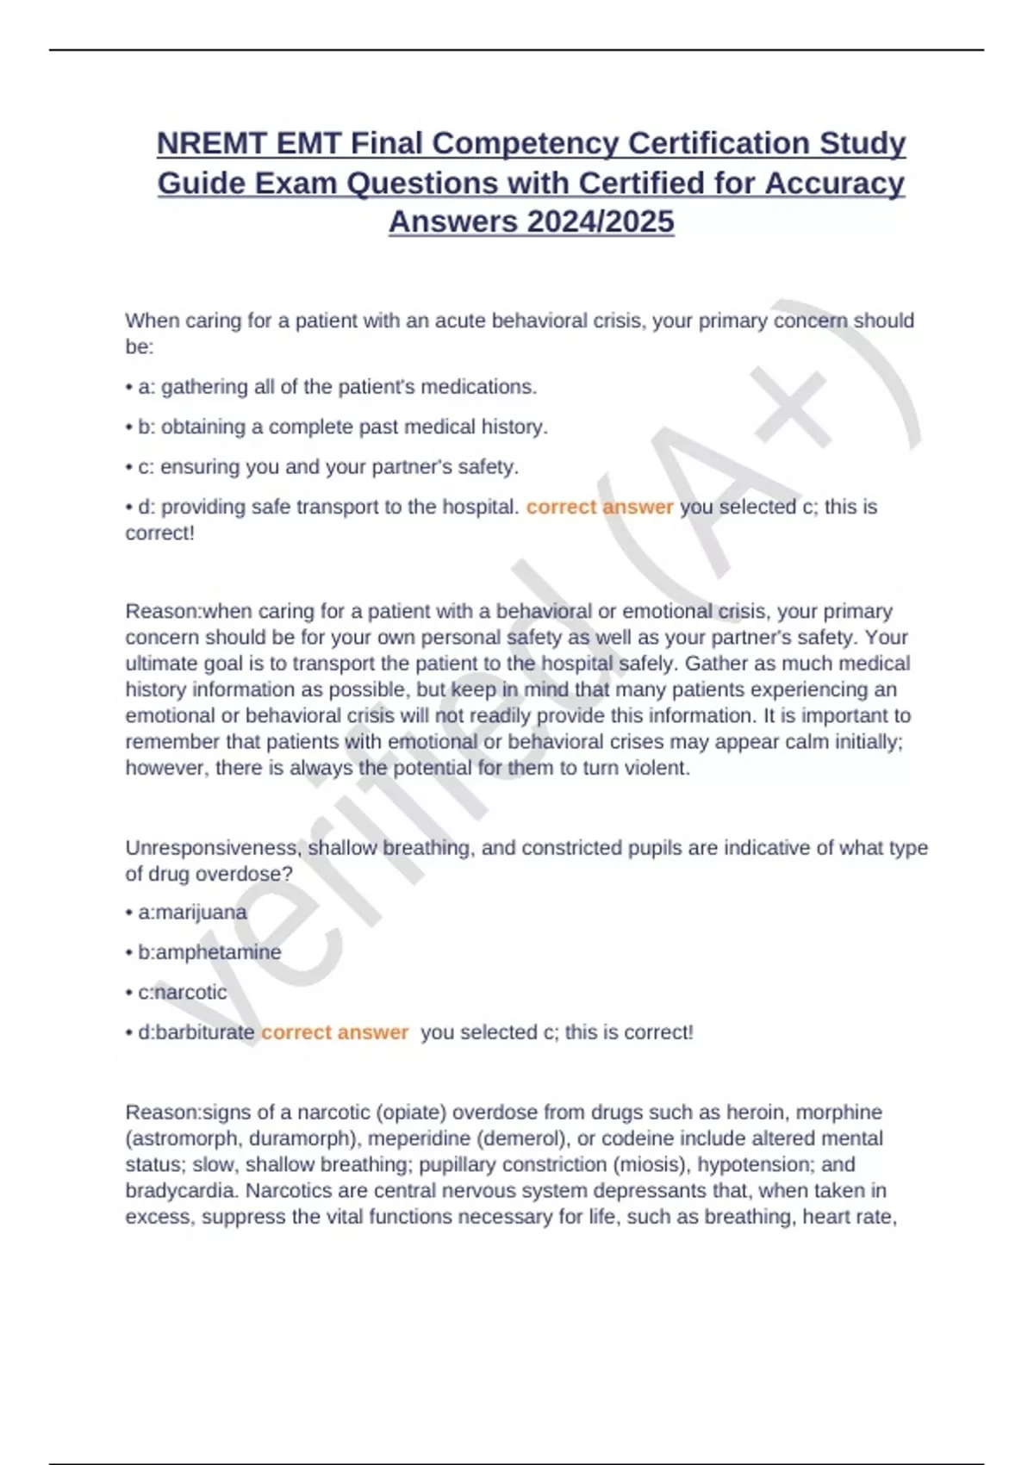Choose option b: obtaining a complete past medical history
tap(342, 427)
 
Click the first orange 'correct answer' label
tap(599, 507)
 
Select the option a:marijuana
tap(192, 912)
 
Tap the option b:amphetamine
tap(209, 952)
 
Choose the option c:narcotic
tap(183, 992)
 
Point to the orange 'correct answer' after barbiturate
tap(334, 1032)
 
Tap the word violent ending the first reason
tap(658, 768)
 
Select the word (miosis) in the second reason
tap(651, 1164)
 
